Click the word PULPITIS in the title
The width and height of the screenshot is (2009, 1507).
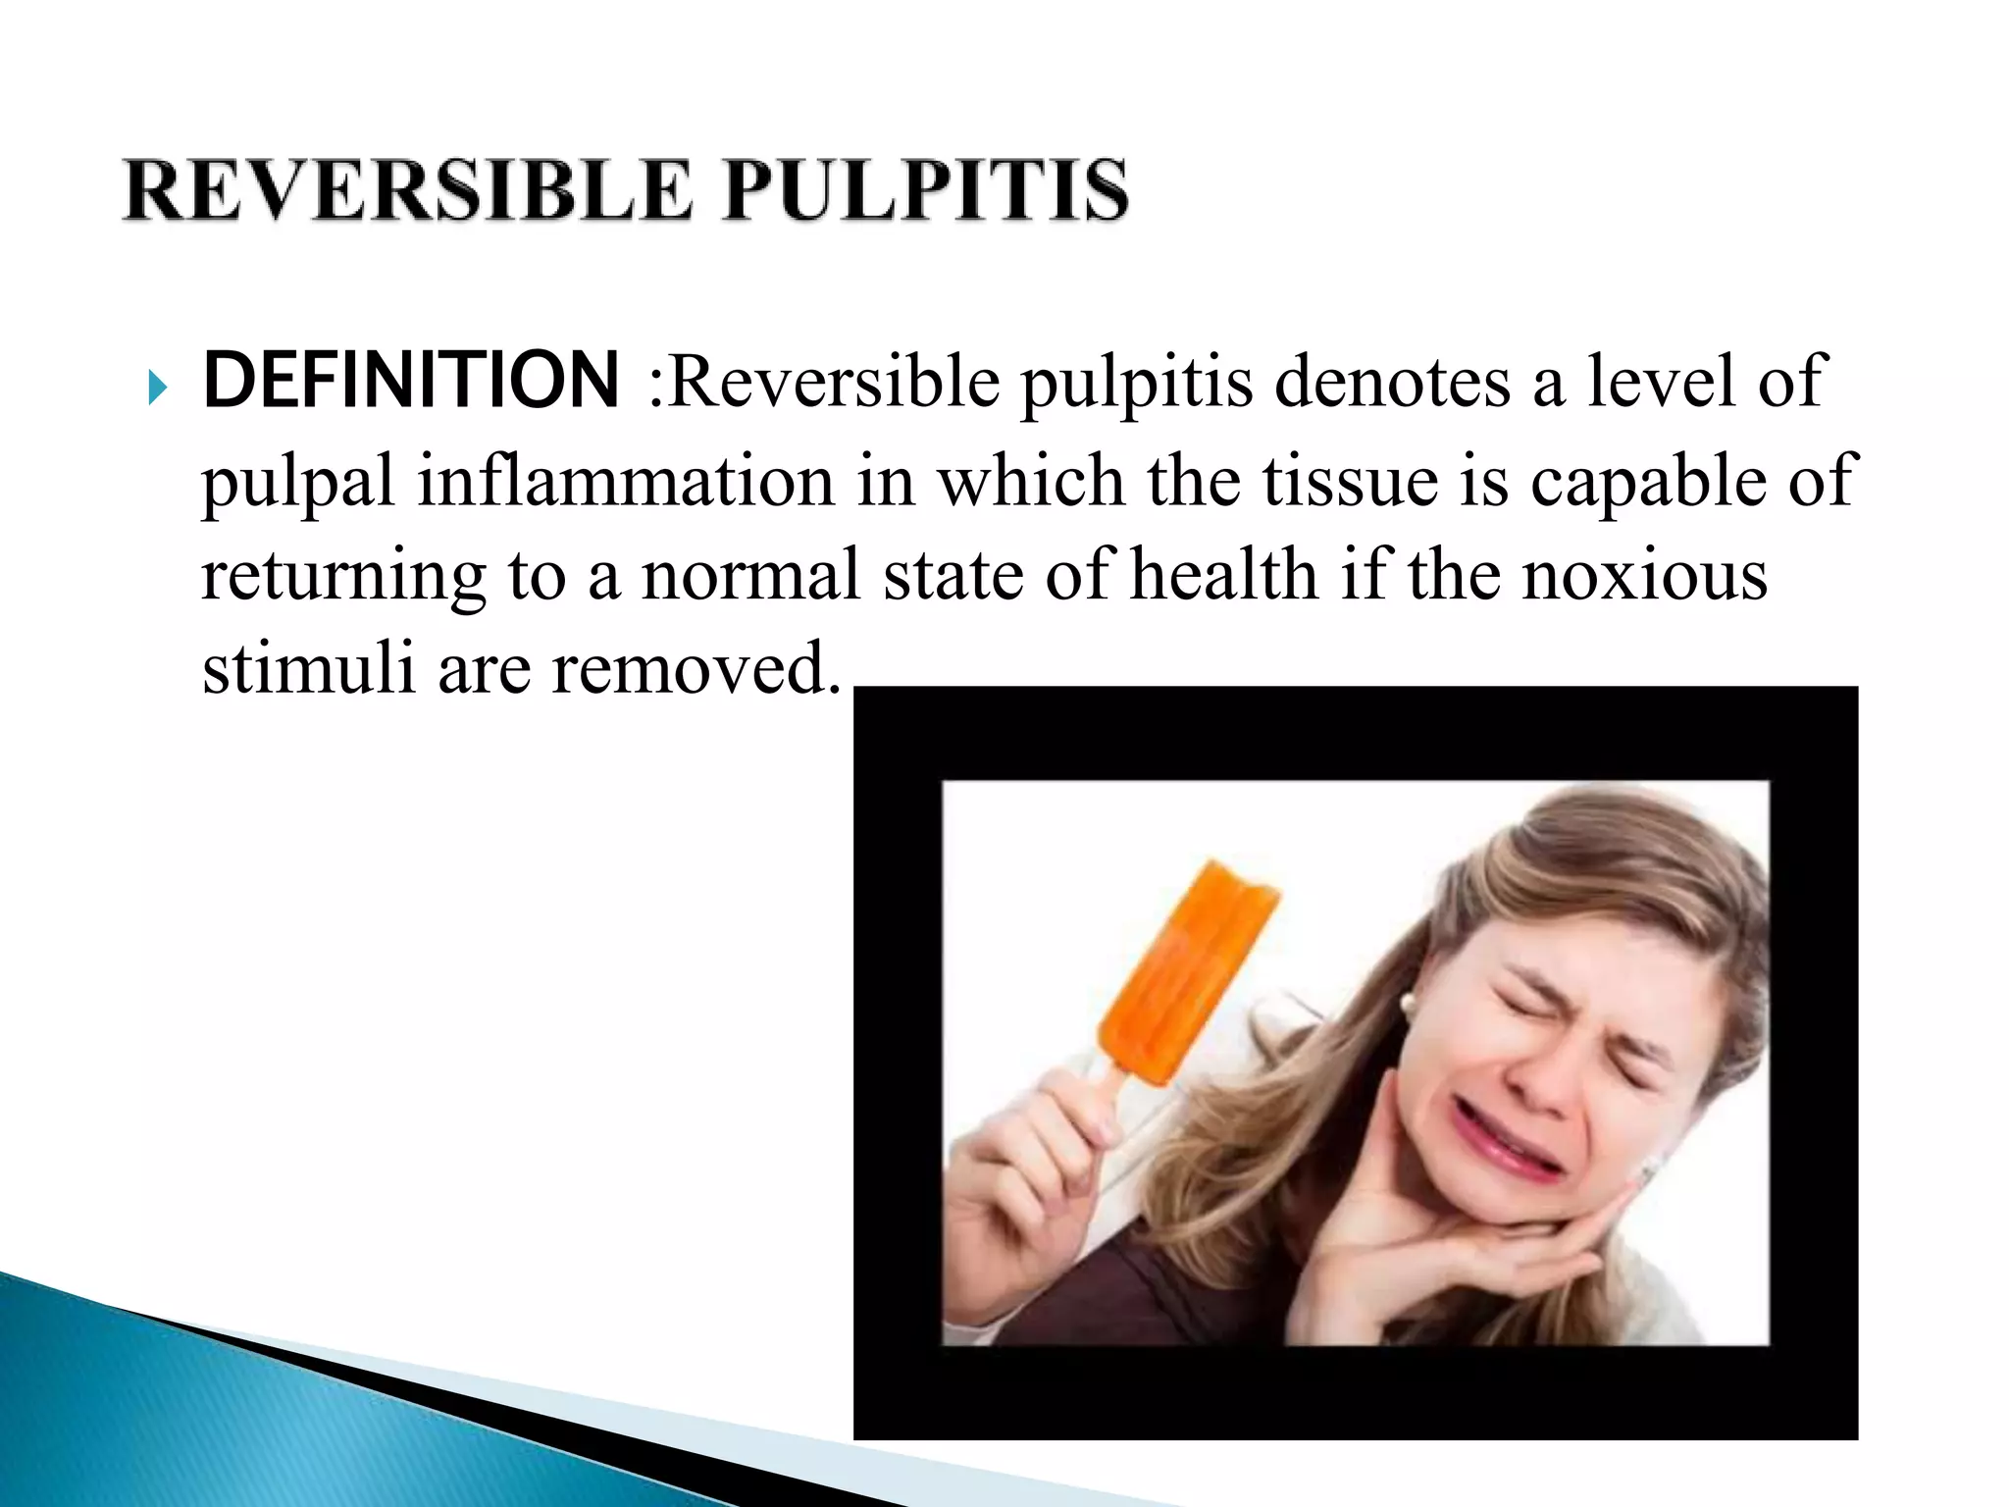tap(926, 190)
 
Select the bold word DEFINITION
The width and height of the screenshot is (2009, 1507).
tap(411, 381)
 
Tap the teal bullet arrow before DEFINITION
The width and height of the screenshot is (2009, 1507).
tap(158, 390)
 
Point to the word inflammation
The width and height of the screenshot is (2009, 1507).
tap(625, 482)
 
